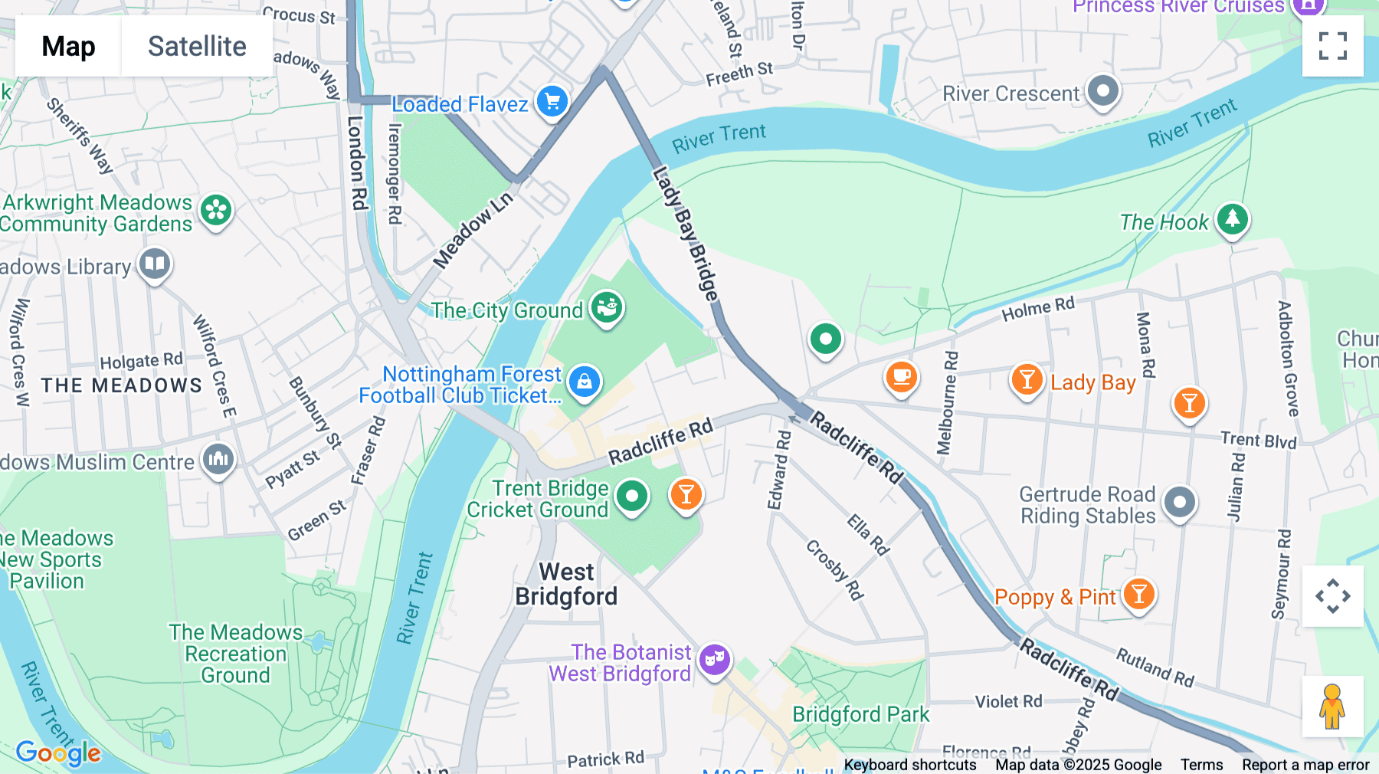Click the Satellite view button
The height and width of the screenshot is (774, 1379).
197,46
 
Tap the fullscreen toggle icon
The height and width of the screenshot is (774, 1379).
1332,46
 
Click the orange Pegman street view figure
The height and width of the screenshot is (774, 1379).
1332,707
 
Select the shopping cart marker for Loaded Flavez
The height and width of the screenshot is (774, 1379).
552,101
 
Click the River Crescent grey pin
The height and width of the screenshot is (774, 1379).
1102,91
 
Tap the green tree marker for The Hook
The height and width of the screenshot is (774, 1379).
1232,219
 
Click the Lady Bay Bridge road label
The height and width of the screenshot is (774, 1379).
686,234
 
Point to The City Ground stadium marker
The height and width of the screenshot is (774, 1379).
607,308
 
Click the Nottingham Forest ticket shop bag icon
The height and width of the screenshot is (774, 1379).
584,381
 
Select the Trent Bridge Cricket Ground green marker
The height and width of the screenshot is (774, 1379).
631,496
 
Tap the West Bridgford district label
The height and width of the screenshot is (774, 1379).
566,584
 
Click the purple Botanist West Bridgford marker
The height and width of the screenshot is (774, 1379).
714,659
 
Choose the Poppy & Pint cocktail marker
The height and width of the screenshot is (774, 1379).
1138,594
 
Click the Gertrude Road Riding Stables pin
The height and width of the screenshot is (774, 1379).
1179,503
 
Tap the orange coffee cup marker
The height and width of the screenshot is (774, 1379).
902,377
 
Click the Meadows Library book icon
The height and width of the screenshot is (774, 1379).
154,264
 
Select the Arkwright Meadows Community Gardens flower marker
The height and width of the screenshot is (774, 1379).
216,210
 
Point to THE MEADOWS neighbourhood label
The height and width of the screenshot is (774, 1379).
122,385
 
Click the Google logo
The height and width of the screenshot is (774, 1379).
58,753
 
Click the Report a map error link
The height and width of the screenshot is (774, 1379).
1305,765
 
